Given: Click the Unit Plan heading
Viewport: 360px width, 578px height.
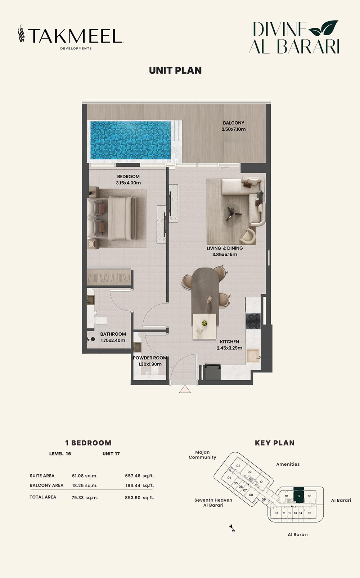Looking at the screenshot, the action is tap(175, 71).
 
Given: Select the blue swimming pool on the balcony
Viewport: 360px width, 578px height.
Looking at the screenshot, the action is tap(130, 140).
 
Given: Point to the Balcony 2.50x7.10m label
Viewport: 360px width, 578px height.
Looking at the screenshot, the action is tap(234, 126).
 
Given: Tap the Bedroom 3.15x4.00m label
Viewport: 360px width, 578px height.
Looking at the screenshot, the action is tap(128, 180).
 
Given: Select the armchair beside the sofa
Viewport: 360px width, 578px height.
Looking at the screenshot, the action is tap(248, 236).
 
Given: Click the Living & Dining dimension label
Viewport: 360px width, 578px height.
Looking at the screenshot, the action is tap(225, 251).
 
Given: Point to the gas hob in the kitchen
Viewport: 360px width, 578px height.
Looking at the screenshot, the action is tap(253, 321).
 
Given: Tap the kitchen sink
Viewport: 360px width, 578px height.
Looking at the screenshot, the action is tap(253, 355).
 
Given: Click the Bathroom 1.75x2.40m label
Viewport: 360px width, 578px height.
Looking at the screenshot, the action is tap(113, 337).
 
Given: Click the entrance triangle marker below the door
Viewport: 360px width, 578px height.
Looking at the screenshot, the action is tap(185, 389).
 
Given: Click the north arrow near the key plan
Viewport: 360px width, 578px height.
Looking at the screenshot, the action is tap(232, 528).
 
